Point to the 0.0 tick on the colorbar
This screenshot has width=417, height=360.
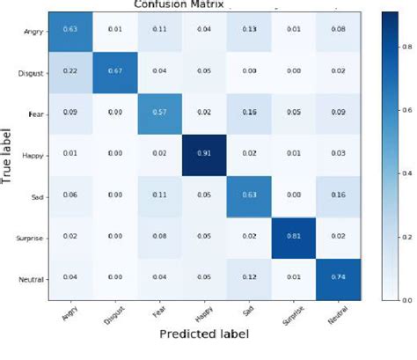406,300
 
